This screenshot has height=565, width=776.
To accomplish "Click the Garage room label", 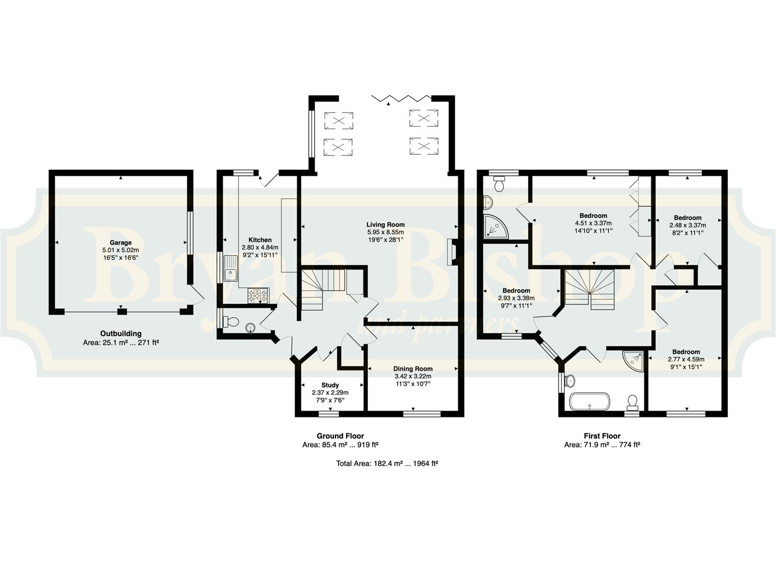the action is point(121,243).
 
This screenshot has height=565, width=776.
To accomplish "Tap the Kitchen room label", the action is point(260,240).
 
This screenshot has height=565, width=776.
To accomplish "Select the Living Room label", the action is point(386,225).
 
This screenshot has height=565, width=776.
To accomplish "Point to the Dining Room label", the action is point(413,369).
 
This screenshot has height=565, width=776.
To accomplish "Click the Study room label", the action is point(330,385).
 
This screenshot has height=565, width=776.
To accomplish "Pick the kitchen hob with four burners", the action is point(258,296).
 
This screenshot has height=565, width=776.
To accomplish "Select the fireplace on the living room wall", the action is point(451,252).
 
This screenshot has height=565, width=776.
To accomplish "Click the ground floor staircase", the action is point(323,290).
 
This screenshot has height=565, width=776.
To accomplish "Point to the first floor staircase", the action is point(589,290).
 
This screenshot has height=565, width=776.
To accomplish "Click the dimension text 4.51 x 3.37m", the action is point(594,223).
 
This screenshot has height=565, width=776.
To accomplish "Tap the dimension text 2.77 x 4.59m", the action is point(686,359).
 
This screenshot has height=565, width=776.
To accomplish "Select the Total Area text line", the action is point(387,463).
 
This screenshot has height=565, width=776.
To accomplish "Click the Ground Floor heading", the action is point(340,436).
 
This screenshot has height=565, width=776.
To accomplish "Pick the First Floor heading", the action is point(602,436).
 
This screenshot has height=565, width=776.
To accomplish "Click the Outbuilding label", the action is point(121,334).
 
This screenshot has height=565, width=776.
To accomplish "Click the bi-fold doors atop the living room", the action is point(401,98).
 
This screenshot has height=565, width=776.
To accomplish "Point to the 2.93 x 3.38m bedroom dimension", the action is point(516,298).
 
